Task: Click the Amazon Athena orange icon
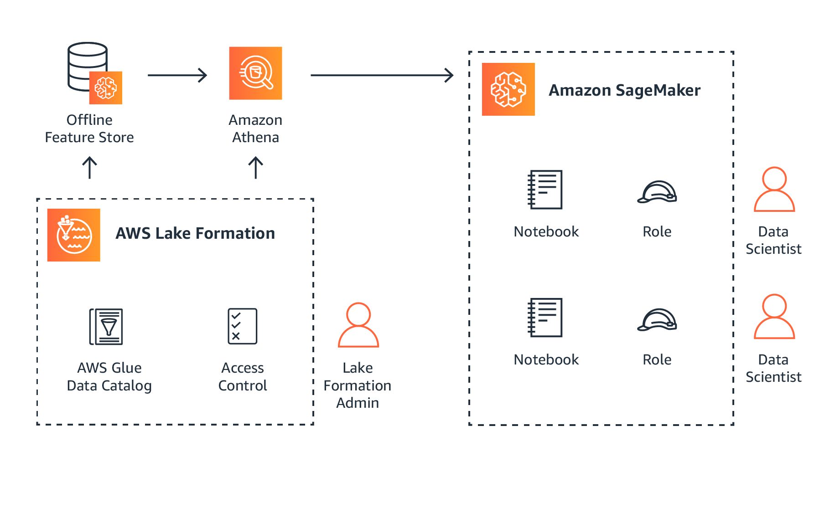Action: click(x=255, y=73)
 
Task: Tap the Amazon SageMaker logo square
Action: click(x=508, y=89)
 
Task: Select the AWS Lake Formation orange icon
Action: click(x=73, y=235)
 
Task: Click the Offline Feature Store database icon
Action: click(x=93, y=73)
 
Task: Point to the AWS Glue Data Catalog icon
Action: click(x=106, y=326)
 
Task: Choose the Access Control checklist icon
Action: click(x=242, y=326)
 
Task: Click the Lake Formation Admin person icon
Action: click(x=358, y=325)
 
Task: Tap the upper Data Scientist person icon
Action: click(x=774, y=190)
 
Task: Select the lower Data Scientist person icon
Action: click(x=774, y=317)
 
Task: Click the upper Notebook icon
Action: click(x=545, y=190)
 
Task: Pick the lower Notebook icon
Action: click(x=545, y=318)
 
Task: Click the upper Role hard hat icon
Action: click(x=657, y=192)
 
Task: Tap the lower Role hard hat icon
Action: click(x=657, y=320)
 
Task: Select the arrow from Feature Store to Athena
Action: click(x=177, y=75)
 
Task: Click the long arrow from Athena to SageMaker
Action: click(x=382, y=75)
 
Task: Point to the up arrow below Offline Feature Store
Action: click(x=89, y=168)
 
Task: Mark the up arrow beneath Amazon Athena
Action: click(x=255, y=168)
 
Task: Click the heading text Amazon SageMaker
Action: click(x=624, y=90)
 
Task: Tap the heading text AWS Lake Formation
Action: click(x=195, y=233)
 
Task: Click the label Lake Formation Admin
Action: click(x=358, y=385)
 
